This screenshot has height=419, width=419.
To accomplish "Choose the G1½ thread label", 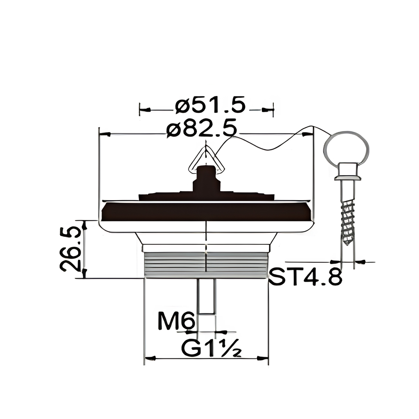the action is (x=212, y=348).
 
